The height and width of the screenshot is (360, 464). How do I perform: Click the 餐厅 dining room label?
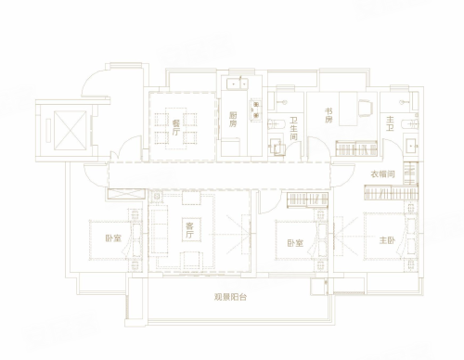176,128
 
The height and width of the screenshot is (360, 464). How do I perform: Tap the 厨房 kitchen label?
233,120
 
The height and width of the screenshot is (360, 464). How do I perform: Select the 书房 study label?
329,115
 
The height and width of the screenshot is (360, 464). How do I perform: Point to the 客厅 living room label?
189,230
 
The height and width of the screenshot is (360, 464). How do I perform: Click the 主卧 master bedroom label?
387,240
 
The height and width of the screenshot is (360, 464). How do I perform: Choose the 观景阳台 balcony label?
230,297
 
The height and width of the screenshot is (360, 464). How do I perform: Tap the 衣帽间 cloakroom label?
383,174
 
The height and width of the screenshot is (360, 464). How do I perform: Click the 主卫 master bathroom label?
390,123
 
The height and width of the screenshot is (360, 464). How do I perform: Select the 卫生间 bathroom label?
293,128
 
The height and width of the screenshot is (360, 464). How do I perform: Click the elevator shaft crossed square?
70,130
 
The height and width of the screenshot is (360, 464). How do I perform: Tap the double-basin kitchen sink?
238,84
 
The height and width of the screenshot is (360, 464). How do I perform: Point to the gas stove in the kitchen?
256,110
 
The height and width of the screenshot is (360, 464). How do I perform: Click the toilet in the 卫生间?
277,124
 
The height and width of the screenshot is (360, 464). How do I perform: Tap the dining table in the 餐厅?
175,128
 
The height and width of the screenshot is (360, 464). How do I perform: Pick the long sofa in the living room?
159,231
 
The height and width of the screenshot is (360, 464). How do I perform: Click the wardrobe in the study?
356,148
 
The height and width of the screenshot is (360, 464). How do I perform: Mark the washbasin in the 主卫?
412,146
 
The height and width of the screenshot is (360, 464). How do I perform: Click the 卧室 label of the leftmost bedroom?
113,238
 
